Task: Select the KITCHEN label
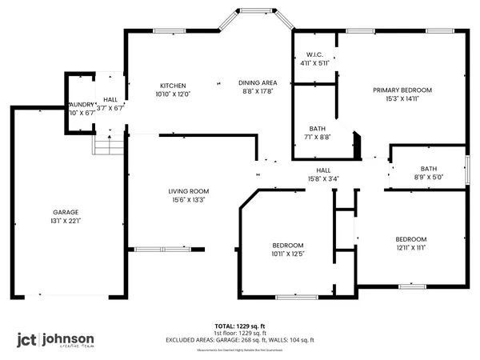point(173,86)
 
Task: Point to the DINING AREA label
point(258,82)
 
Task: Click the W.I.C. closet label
point(314,55)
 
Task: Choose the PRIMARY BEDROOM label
point(402,90)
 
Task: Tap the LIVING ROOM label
point(188,190)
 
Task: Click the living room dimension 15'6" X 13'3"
point(188,200)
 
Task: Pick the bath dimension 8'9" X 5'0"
point(429,178)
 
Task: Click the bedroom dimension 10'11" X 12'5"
point(288,254)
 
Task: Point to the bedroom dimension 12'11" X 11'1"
point(410,249)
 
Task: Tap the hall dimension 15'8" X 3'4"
point(323,178)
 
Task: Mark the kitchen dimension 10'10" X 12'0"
point(173,95)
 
